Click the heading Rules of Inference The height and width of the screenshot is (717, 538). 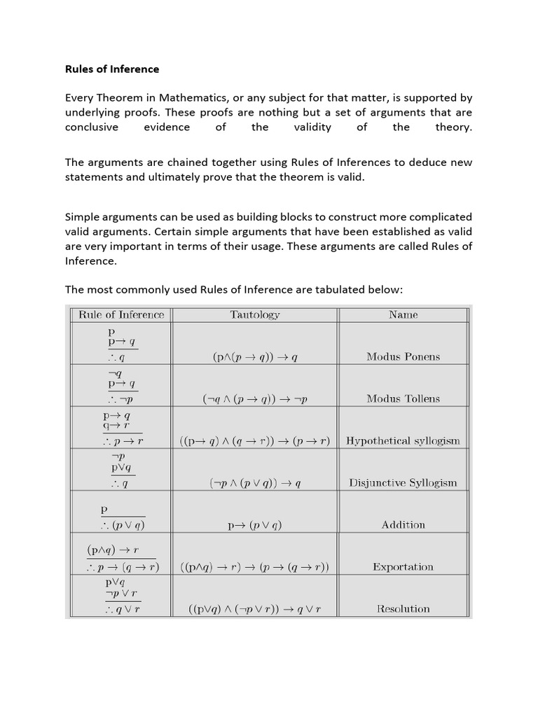point(112,69)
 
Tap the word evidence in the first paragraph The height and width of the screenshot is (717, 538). point(167,127)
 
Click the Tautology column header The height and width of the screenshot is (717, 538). point(255,314)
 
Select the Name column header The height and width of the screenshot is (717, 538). point(403,314)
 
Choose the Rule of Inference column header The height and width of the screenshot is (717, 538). point(121,314)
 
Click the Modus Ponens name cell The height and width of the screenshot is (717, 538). point(403,356)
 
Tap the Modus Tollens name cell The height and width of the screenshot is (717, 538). point(403,398)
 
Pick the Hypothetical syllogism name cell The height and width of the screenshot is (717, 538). point(403,440)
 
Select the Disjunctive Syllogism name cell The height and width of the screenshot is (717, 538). point(403,482)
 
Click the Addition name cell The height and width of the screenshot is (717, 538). point(403,524)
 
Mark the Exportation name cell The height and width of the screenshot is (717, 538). point(403,566)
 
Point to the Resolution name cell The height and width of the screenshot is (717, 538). point(403,608)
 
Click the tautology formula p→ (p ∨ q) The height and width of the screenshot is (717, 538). point(255,525)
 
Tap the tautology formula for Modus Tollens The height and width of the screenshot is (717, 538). point(255,399)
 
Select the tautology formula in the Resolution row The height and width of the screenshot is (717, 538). point(255,609)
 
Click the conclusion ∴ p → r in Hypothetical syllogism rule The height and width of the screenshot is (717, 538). point(123,441)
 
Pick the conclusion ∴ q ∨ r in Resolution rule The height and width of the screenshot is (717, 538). point(123,609)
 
